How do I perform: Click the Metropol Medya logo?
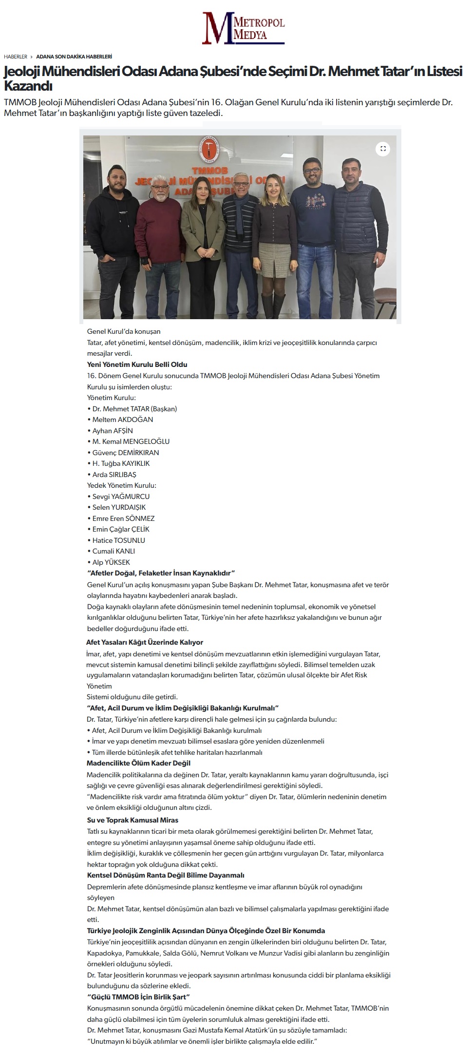[243, 28]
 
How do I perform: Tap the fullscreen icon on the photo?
[383, 149]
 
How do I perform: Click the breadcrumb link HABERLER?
[15, 57]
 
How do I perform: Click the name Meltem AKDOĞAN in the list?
[122, 420]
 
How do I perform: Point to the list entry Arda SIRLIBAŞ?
[114, 474]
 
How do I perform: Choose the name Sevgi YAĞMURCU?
[121, 496]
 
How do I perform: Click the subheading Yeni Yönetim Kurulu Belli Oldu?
[137, 364]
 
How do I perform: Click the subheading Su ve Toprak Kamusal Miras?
[132, 820]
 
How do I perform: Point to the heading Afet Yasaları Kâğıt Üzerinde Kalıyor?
[145, 642]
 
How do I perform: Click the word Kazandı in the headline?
[28, 86]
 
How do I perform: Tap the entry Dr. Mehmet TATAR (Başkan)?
[134, 409]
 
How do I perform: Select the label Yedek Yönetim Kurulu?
[121, 485]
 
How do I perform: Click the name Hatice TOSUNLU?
[118, 540]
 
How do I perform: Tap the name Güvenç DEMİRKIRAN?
[125, 452]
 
